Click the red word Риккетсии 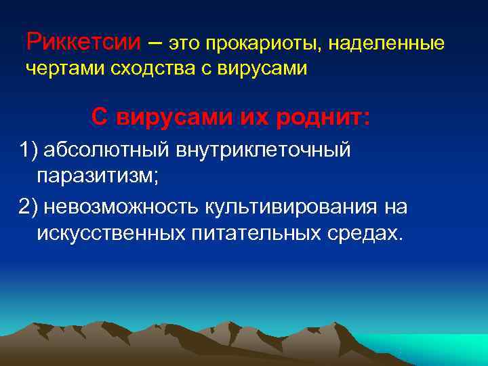point(84,43)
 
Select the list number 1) point(28,150)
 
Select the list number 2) point(28,206)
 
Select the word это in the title point(184,45)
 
